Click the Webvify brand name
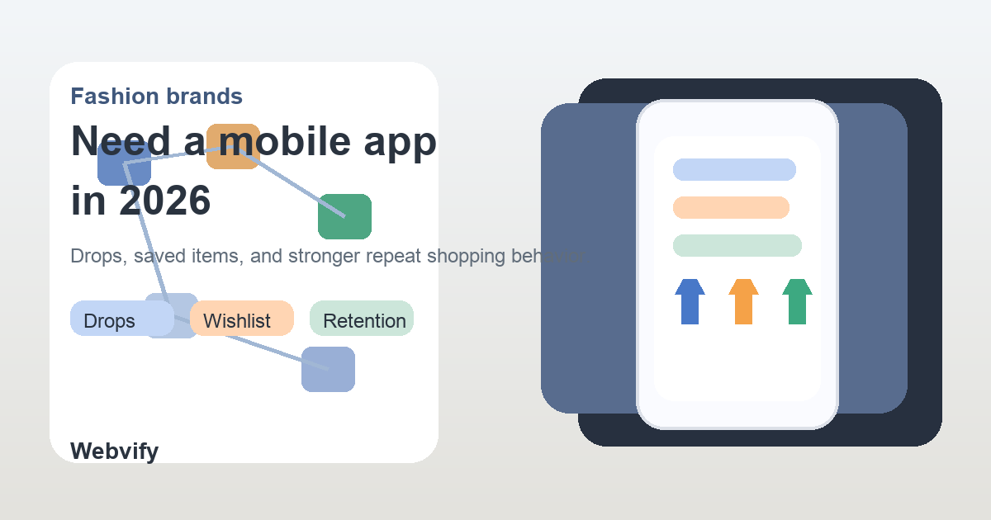coord(114,451)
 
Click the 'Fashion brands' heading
coord(156,97)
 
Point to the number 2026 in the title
coord(165,201)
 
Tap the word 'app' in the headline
coord(401,143)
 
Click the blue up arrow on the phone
coord(690,301)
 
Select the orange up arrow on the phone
coord(743,301)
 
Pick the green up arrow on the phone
coord(797,301)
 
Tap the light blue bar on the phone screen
coord(734,170)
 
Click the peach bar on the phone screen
coord(731,208)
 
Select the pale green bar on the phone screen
coord(737,246)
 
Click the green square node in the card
coord(344,216)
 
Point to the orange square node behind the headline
coord(234,147)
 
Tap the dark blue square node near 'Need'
coord(124,164)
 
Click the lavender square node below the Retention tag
coord(328,369)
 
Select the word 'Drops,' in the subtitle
coord(97,256)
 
